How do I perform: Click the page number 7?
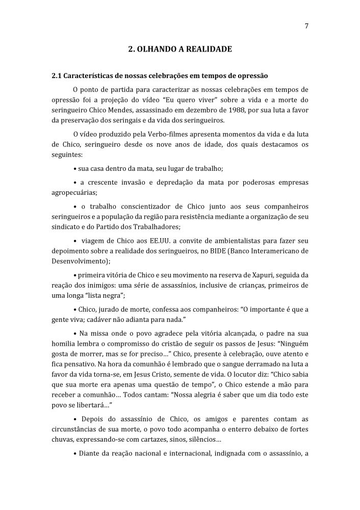[x=306, y=27]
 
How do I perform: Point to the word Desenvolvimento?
[x=78, y=263]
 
